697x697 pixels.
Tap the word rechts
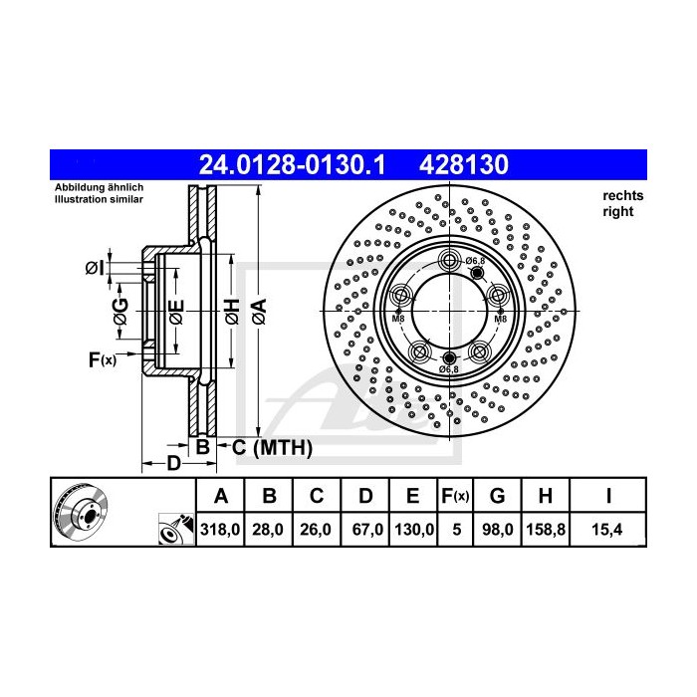pos(622,196)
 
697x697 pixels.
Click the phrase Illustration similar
pos(99,200)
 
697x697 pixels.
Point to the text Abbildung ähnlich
pos(100,188)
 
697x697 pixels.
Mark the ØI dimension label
pos(95,268)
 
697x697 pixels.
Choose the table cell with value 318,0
pos(221,532)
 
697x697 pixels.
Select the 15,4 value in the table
pos(608,532)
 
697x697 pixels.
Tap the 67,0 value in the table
pos(366,532)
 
